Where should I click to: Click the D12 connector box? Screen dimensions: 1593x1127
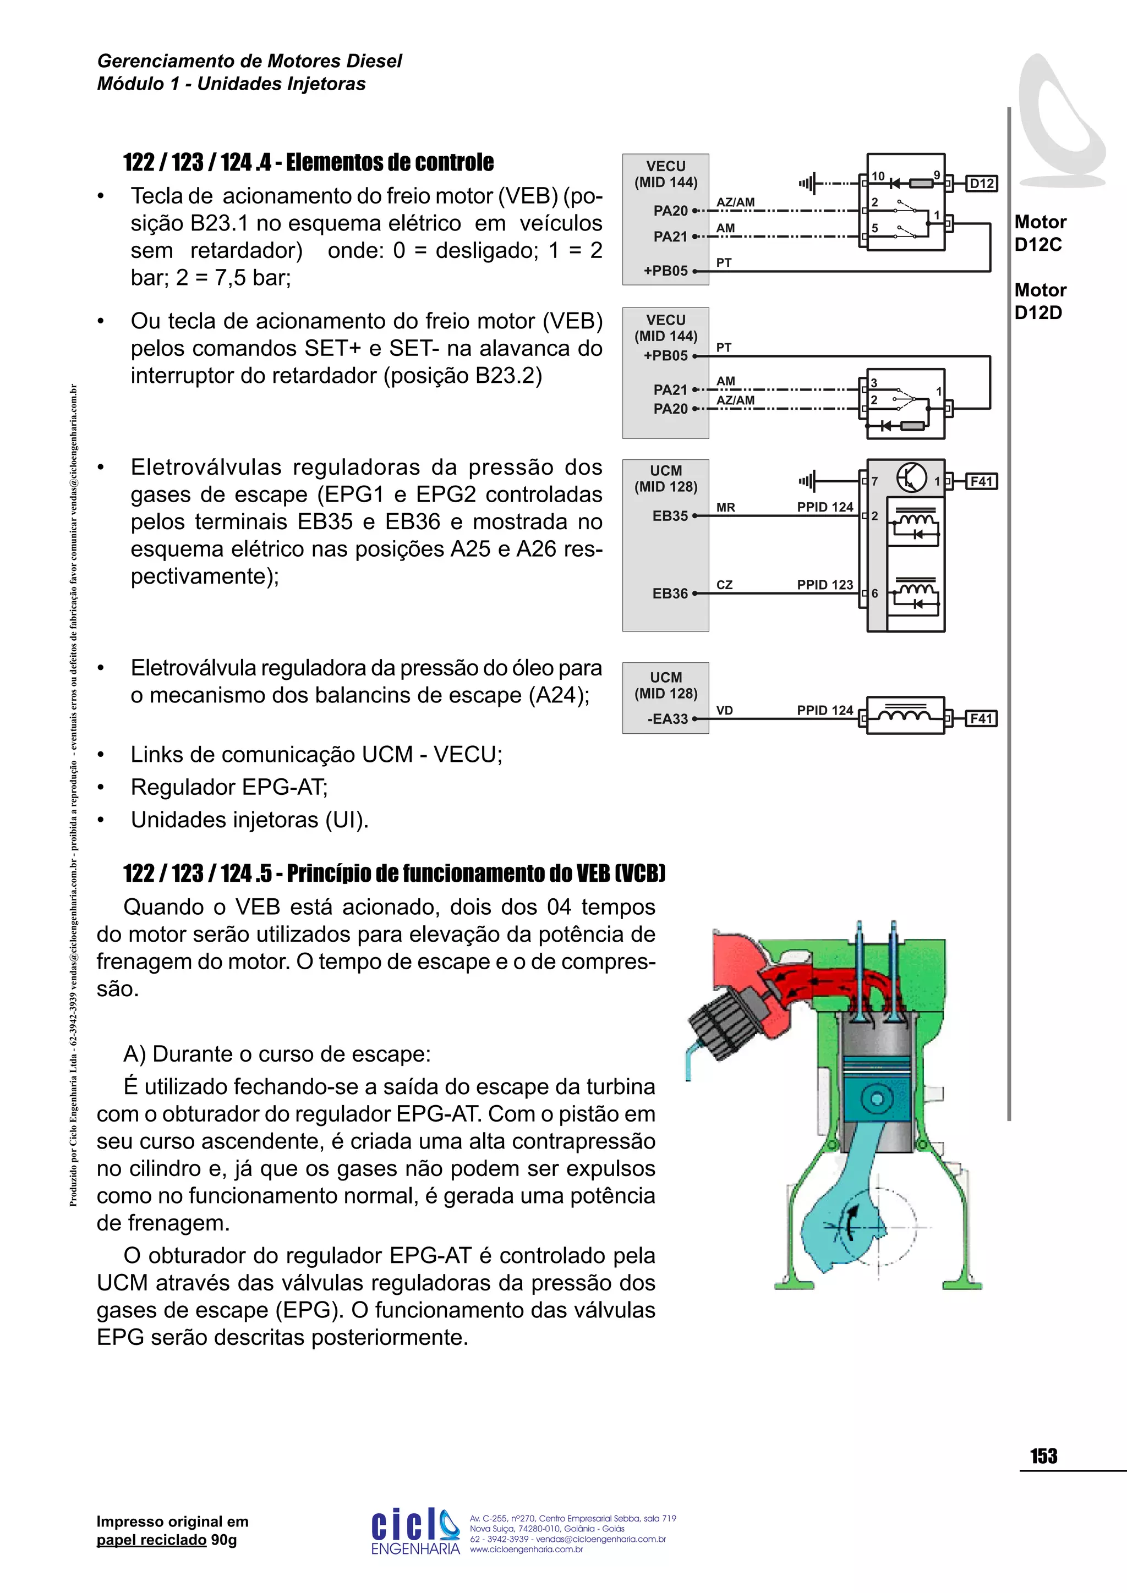click(x=981, y=184)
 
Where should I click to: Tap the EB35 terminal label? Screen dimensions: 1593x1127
click(x=670, y=515)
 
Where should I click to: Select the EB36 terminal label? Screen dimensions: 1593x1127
click(x=670, y=593)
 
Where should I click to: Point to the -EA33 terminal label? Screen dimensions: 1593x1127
click(x=667, y=719)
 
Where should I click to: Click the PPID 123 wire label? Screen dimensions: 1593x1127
click(x=824, y=585)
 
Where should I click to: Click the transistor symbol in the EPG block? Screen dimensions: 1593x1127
click(x=911, y=477)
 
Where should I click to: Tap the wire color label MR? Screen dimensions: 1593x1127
click(x=725, y=508)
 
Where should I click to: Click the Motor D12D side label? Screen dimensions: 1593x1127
click(x=1040, y=301)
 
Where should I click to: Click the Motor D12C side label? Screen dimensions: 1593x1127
click(x=1040, y=233)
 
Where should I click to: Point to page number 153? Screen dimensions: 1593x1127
click(x=1043, y=1457)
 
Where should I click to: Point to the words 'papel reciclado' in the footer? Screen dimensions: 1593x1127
click(x=151, y=1540)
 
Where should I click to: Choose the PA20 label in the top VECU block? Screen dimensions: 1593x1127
click(x=670, y=210)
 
